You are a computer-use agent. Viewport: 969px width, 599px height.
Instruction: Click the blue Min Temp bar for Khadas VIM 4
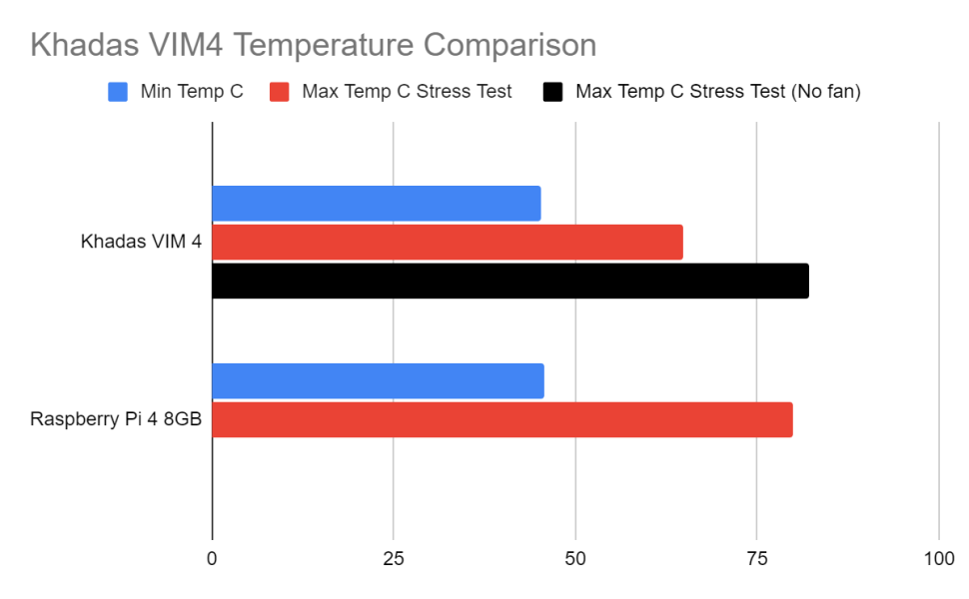click(376, 204)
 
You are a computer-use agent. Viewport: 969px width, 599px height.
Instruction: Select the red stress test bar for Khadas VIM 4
click(448, 243)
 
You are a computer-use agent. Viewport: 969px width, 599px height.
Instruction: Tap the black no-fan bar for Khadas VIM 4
click(509, 282)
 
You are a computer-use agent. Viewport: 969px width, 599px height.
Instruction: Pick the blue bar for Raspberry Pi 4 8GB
click(378, 381)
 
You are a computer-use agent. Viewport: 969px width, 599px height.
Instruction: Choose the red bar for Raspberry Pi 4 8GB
click(501, 420)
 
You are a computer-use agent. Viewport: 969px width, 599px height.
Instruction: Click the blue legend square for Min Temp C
click(118, 92)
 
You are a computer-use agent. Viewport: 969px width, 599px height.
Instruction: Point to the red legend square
click(280, 92)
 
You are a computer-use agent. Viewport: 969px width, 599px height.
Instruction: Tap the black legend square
click(552, 92)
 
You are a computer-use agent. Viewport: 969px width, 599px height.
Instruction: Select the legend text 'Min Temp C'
click(191, 92)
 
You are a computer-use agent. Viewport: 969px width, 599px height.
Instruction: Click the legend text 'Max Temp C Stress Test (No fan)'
click(717, 92)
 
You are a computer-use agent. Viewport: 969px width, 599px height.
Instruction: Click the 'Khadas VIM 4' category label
click(141, 243)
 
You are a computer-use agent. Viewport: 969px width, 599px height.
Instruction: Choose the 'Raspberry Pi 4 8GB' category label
click(117, 420)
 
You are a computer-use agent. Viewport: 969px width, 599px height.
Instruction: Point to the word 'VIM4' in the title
click(175, 45)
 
